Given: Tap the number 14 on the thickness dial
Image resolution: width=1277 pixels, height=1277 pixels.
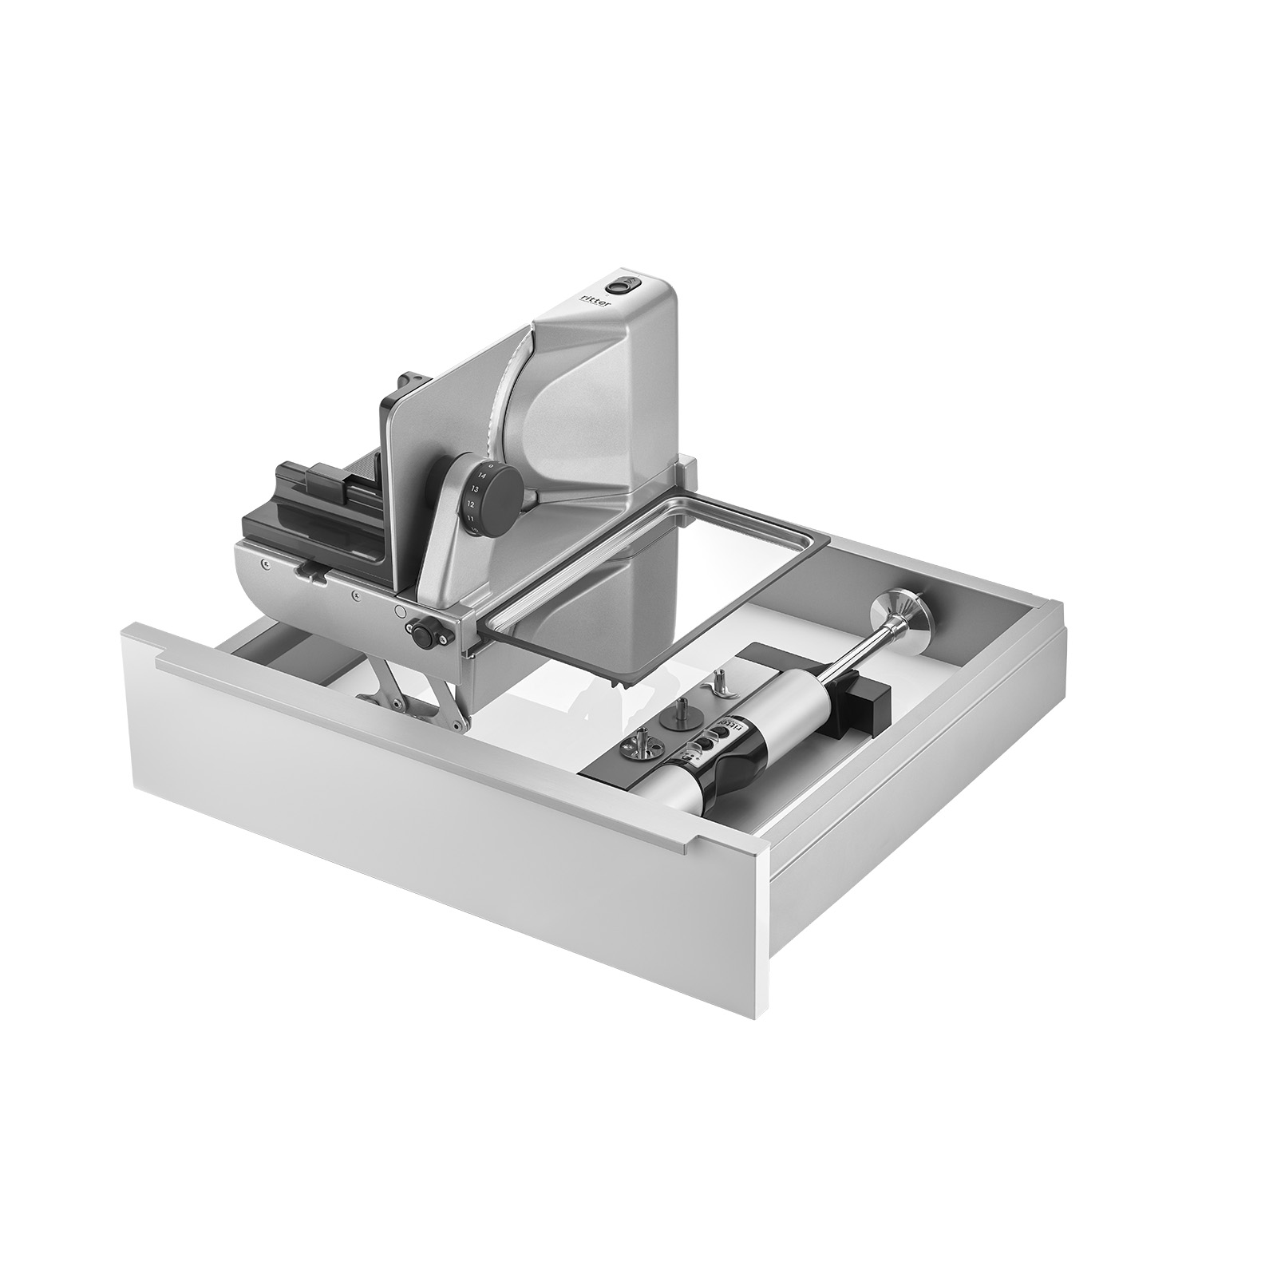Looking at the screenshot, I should (x=480, y=475).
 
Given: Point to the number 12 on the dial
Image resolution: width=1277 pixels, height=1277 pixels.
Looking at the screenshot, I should (x=471, y=504).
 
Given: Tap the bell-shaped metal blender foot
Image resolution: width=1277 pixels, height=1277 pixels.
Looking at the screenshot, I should (x=909, y=615).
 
